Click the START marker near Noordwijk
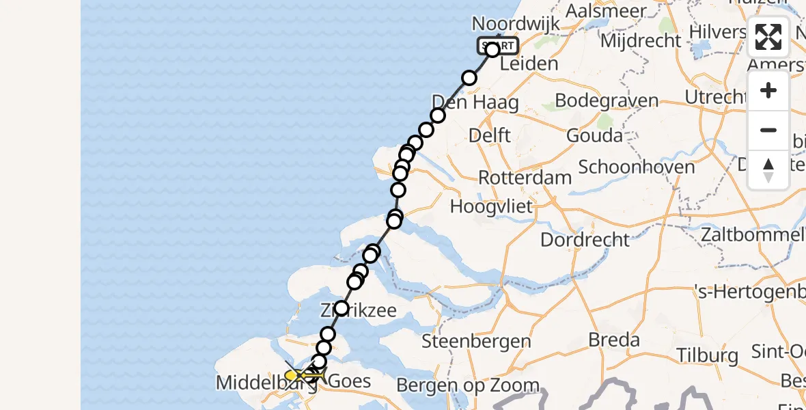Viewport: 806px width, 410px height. tap(497, 46)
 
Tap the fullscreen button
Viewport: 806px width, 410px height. tap(768, 37)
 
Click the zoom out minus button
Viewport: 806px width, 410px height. tap(768, 130)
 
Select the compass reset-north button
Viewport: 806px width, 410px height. tap(768, 169)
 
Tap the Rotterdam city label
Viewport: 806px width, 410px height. tap(525, 177)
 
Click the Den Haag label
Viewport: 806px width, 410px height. tap(475, 103)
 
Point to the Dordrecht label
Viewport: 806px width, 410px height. tap(585, 240)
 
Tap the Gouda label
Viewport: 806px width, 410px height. tap(594, 135)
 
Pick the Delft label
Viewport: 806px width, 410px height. tap(490, 135)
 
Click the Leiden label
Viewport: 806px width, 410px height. tap(529, 64)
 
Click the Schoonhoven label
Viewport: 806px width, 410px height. tap(637, 167)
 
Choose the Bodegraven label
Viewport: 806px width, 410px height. tap(607, 100)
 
